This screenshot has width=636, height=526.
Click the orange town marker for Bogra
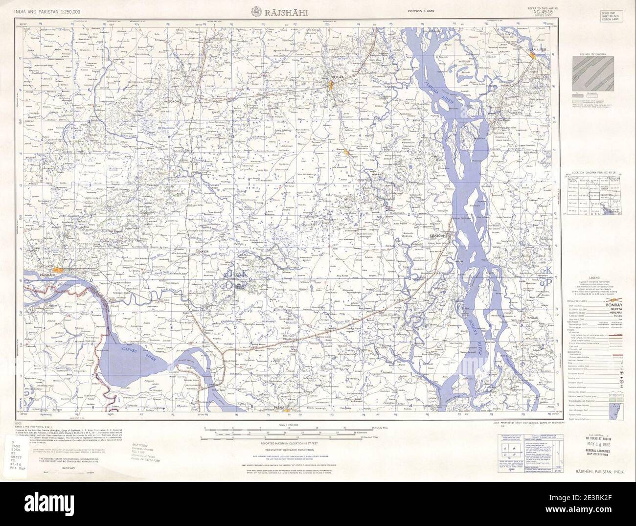[331, 86]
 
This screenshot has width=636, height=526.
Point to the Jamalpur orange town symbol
[533, 58]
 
